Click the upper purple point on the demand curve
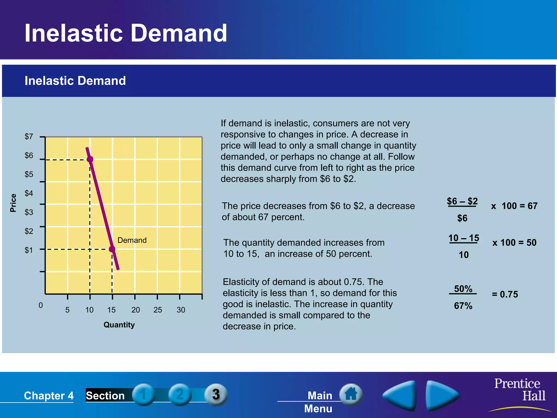90,159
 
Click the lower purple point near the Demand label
112,249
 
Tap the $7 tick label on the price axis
29,136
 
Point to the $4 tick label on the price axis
29,193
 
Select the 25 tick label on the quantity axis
158,310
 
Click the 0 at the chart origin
41,305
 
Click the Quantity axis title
119,325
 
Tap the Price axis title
13,203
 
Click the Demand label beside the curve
132,240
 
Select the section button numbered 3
216,394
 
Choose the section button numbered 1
143,395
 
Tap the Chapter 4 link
49,395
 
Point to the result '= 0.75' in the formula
505,294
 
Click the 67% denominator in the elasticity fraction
463,306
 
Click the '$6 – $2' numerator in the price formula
462,201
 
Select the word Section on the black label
105,395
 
